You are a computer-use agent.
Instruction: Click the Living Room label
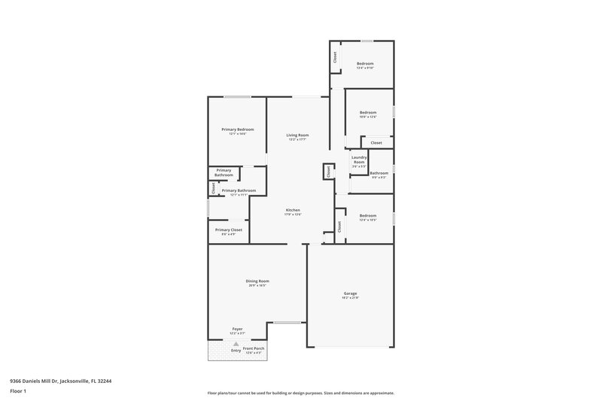coord(298,135)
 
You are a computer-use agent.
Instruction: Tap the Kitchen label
coord(293,210)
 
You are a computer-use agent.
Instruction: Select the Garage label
coord(351,293)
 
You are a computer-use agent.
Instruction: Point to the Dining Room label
coord(257,281)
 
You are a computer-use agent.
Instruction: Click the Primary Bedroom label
coord(237,129)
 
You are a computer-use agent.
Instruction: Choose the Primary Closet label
coord(229,230)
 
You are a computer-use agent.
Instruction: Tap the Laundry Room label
coord(359,159)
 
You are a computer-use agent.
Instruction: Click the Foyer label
coord(237,329)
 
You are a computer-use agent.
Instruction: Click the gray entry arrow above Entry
coord(236,343)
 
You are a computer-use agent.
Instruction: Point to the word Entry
coord(236,351)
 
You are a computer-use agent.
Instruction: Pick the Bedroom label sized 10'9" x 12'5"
coord(367,113)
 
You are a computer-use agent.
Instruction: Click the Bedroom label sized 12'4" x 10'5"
coord(367,216)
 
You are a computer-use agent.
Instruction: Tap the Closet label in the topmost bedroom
coord(335,56)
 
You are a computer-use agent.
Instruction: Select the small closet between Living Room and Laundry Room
coord(328,172)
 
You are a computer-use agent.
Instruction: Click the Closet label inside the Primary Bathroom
coord(214,189)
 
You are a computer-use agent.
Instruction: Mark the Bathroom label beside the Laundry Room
coord(379,173)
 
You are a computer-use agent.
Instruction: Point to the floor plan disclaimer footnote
coord(300,393)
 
